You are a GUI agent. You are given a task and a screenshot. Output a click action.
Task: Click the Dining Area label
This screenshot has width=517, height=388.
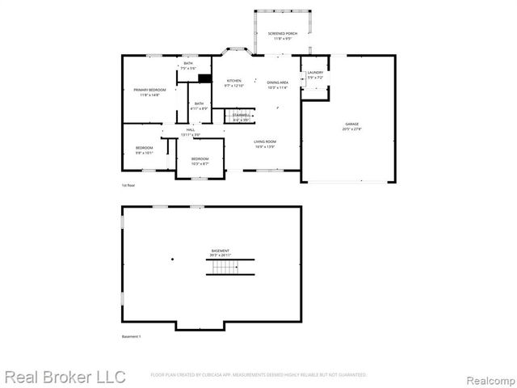(x=279, y=83)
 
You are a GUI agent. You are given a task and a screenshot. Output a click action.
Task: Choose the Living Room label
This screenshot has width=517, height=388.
(x=265, y=144)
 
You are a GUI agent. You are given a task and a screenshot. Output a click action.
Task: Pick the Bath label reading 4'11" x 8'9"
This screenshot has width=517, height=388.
(x=199, y=105)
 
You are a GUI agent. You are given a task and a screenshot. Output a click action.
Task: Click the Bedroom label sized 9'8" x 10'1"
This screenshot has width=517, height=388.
(x=144, y=150)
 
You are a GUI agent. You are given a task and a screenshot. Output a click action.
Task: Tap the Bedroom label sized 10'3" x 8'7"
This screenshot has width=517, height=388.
(x=200, y=160)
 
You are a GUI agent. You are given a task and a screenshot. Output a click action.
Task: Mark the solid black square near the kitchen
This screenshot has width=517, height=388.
(x=205, y=79)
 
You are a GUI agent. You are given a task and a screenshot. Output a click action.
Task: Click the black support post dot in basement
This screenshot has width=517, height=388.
(x=172, y=259)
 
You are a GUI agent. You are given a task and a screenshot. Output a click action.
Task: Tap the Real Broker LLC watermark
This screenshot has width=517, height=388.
(x=65, y=377)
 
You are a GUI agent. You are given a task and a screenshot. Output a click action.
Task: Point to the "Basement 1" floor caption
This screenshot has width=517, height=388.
(x=131, y=335)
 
